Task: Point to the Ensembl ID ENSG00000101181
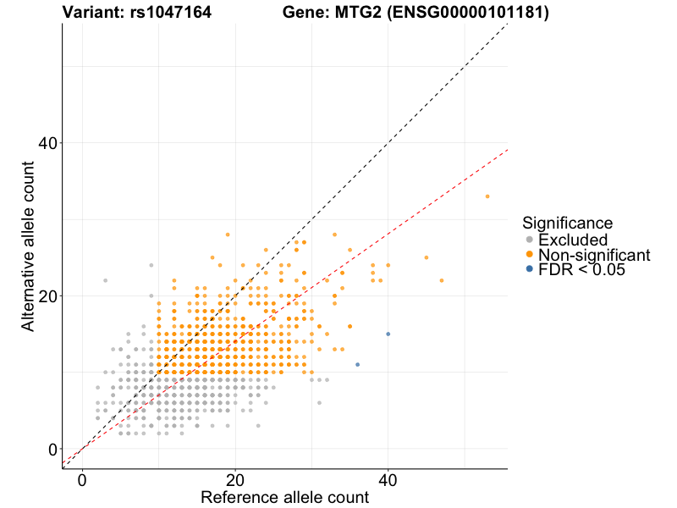coord(461,13)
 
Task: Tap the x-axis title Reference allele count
coord(284,497)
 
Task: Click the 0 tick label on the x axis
coord(82,478)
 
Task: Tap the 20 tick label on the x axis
coord(235,478)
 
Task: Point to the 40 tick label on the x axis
coord(388,478)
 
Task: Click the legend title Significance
coord(567,224)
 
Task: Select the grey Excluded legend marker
coord(530,240)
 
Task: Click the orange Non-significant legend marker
coord(530,255)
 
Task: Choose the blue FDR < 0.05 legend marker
coord(530,269)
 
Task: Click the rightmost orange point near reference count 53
coord(487,196)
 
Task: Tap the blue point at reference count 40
coord(388,334)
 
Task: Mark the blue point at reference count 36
coord(358,364)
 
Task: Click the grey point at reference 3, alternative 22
coord(105,280)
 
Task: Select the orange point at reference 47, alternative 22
coord(442,280)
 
